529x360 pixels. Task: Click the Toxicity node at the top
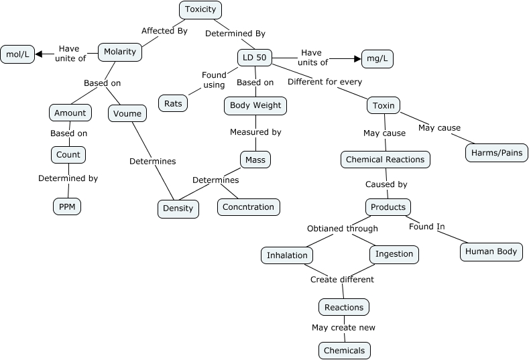200,9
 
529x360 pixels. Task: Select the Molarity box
120,52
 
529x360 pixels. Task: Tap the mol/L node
17,54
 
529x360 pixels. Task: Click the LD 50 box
255,58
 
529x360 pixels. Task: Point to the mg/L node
377,59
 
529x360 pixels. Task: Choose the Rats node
173,103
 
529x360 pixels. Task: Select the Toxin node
384,105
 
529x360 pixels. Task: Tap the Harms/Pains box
496,153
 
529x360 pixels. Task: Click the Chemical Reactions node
385,160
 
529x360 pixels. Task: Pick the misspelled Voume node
127,113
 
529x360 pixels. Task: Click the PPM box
67,206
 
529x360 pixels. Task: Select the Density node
178,208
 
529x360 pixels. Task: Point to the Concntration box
248,206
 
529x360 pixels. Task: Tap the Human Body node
491,251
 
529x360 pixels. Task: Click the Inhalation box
287,255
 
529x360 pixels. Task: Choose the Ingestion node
394,255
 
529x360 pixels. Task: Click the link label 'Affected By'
164,31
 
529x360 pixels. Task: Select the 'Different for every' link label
325,82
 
